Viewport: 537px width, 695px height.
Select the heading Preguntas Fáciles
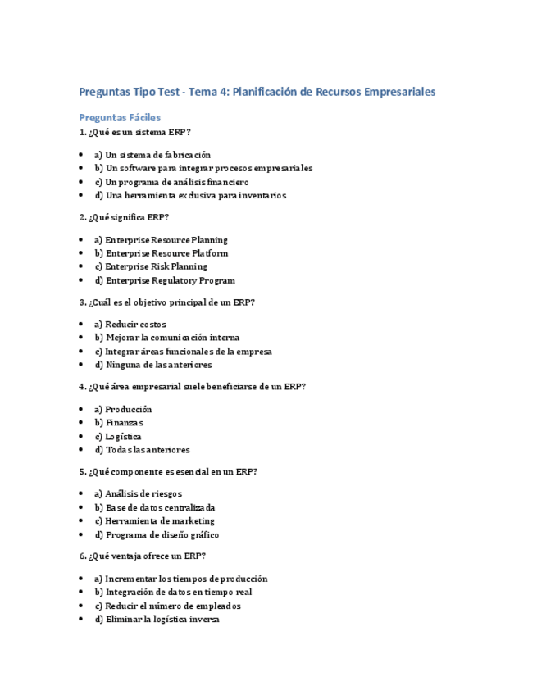120,118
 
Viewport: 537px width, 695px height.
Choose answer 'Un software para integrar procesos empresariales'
203,168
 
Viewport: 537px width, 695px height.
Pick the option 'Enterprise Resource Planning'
161,240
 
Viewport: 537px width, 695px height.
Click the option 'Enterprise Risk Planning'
151,266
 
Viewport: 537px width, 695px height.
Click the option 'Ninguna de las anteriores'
152,365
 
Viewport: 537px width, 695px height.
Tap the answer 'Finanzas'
119,423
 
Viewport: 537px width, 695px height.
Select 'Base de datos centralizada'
154,507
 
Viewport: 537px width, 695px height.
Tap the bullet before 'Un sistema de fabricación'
82,155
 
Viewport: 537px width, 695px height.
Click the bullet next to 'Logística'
82,437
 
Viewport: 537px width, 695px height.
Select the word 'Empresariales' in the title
398,92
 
